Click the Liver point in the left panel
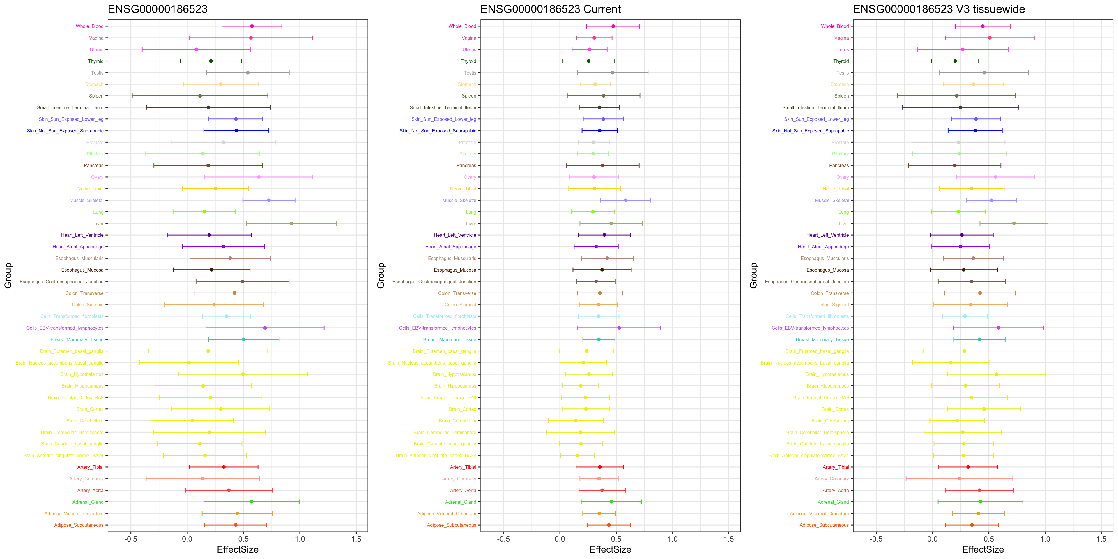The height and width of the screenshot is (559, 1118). point(291,224)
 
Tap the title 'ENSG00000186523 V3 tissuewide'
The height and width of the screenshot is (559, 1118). point(938,9)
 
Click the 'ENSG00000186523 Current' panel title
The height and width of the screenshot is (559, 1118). point(550,9)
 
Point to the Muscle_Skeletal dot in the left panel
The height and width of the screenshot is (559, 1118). point(269,200)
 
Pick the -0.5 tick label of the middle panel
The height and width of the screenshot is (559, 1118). point(503,539)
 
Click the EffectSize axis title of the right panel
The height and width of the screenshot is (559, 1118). point(983,549)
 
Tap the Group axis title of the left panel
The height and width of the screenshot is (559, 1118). point(8,276)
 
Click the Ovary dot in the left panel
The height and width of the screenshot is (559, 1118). point(259,177)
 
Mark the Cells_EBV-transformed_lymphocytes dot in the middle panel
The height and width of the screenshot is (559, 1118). point(619,328)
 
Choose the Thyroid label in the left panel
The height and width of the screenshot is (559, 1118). point(95,61)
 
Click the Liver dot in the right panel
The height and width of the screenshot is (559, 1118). point(1014,224)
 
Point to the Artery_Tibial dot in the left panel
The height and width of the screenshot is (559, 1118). point(224,467)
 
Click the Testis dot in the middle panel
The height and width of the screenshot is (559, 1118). point(612,73)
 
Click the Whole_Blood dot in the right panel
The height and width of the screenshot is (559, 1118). point(983,26)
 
